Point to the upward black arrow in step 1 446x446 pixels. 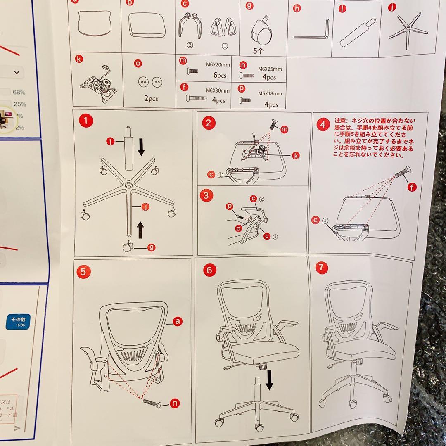click(141, 229)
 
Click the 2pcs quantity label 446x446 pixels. click(150, 99)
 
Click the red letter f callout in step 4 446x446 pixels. click(411, 187)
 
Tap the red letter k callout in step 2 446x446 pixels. click(296, 155)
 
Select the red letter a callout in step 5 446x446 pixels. click(178, 320)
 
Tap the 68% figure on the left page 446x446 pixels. click(19, 92)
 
